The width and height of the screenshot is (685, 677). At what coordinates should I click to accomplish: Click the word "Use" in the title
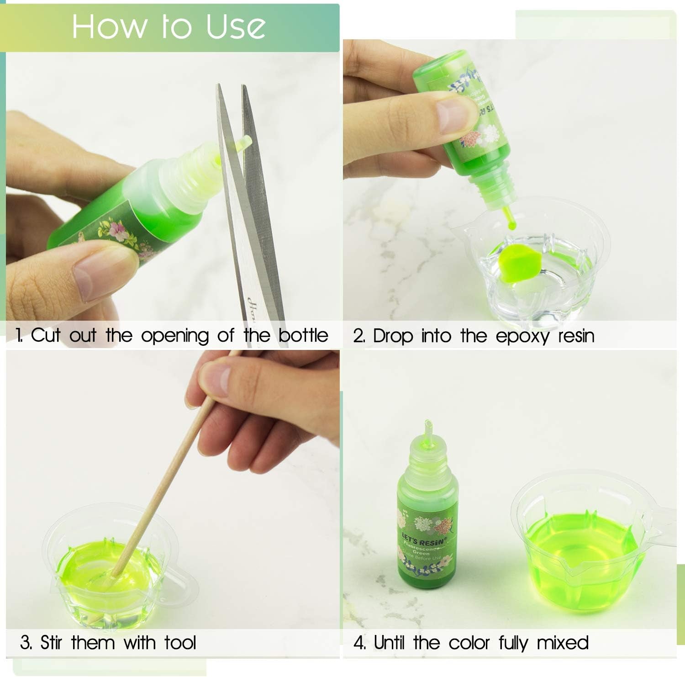(x=235, y=26)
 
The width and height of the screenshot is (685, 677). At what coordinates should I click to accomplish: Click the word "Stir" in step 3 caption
(x=51, y=642)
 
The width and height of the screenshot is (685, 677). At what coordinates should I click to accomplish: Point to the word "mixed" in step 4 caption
(x=562, y=643)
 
